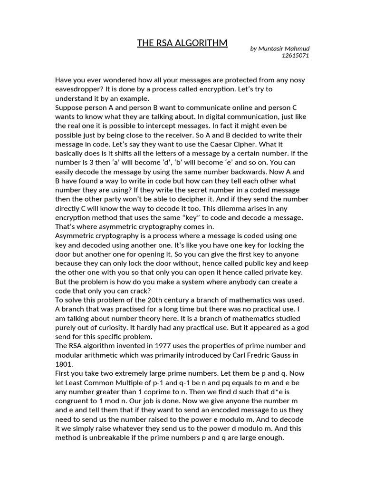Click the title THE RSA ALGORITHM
[x=182, y=43]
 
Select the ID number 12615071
[x=296, y=56]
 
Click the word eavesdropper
[x=79, y=89]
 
